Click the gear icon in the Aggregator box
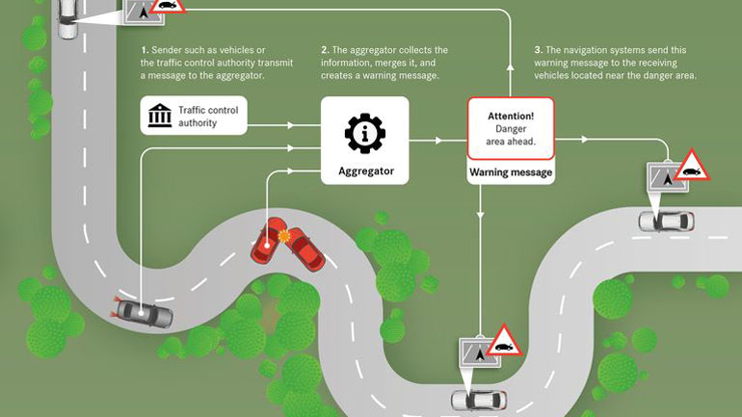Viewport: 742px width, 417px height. coord(365,133)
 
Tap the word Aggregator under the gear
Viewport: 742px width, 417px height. coord(365,172)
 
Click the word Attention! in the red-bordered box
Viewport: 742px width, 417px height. coord(511,115)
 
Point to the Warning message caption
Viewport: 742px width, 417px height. coord(511,173)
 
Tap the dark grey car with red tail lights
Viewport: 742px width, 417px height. coord(144,313)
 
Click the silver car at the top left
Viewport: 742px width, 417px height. coord(67,18)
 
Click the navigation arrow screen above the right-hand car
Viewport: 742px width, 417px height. coord(663,176)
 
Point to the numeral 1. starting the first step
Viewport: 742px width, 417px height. coord(144,50)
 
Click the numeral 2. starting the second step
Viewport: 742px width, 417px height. coord(324,50)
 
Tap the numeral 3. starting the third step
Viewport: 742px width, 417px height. coord(537,50)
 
